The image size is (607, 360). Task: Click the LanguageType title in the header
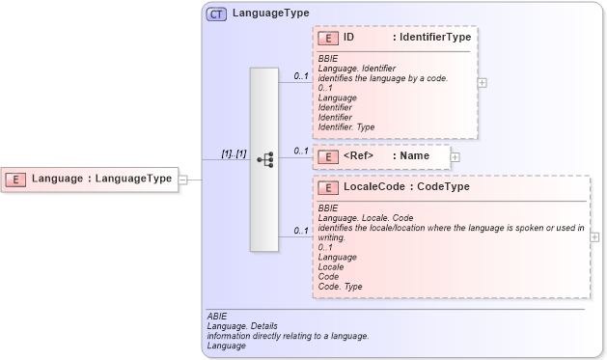tap(270, 14)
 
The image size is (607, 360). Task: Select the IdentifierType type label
tap(431, 38)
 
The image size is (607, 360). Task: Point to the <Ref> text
tap(358, 155)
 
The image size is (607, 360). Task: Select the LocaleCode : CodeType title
tap(406, 187)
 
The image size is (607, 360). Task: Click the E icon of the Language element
tap(15, 179)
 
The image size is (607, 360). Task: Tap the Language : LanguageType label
tap(101, 179)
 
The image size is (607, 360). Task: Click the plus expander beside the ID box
tap(483, 82)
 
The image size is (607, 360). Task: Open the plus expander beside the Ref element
tap(455, 156)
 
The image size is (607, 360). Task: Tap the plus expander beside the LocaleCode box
tap(594, 236)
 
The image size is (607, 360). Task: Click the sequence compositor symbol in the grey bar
tap(265, 159)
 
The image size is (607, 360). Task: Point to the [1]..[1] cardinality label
tap(234, 152)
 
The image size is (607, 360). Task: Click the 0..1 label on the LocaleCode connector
tap(301, 231)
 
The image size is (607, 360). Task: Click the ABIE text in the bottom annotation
tap(217, 316)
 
